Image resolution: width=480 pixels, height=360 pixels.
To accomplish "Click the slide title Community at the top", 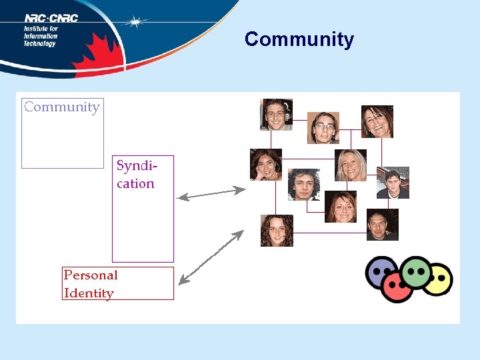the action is pyautogui.click(x=299, y=39).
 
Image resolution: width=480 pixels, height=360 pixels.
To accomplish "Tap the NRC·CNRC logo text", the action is pyautogui.click(x=51, y=18).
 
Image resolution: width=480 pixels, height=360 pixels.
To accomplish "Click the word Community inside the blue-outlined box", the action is pyautogui.click(x=61, y=107).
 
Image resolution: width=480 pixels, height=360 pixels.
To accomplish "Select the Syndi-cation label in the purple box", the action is pyautogui.click(x=135, y=174).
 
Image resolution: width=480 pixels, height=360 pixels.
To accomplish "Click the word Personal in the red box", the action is pyautogui.click(x=91, y=275).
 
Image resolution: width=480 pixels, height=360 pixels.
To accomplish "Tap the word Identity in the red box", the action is pyautogui.click(x=89, y=293).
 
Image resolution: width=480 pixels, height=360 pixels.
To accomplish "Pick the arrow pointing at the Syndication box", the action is pyautogui.click(x=211, y=193).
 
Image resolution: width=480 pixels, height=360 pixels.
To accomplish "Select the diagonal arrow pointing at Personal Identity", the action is pyautogui.click(x=211, y=257).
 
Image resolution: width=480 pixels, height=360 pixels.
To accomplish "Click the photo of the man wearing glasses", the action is pyautogui.click(x=323, y=128).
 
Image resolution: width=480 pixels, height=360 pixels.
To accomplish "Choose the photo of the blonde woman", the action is pyautogui.click(x=350, y=165).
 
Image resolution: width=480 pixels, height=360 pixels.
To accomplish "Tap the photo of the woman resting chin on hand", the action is pyautogui.click(x=266, y=165).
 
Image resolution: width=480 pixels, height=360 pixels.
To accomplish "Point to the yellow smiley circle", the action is pyautogui.click(x=438, y=279).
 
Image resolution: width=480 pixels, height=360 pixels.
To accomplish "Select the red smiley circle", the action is pyautogui.click(x=399, y=286).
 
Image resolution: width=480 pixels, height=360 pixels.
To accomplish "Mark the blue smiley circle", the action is pyautogui.click(x=381, y=274).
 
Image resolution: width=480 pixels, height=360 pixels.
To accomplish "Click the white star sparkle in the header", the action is pyautogui.click(x=136, y=22).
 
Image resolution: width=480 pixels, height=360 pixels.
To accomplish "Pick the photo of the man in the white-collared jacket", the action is pyautogui.click(x=393, y=183).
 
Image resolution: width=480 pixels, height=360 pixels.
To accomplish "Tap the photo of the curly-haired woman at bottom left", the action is pyautogui.click(x=277, y=231).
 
